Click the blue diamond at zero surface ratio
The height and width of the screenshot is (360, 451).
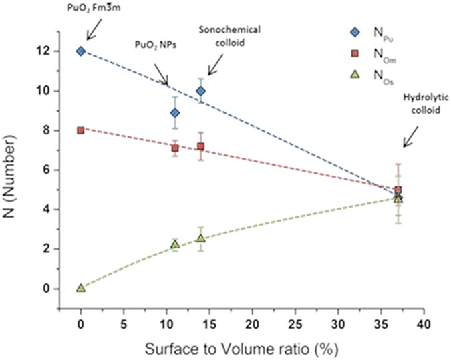(81, 51)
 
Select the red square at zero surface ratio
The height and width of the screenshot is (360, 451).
(81, 130)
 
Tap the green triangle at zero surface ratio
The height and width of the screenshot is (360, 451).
(81, 287)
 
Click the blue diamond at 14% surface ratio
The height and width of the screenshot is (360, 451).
(200, 91)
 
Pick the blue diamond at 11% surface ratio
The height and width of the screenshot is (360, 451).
(175, 113)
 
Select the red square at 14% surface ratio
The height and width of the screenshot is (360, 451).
(200, 146)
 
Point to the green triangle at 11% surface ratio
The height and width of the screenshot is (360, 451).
(175, 245)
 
